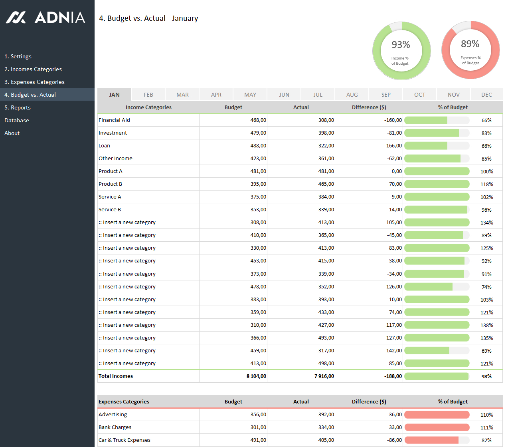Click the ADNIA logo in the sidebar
click(x=45, y=18)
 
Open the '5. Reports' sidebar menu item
click(x=18, y=107)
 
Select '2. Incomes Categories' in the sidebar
click(x=33, y=69)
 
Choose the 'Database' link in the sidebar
click(x=17, y=120)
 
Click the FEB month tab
click(x=148, y=95)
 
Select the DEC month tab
click(x=486, y=95)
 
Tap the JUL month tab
click(x=318, y=95)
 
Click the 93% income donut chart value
click(x=401, y=45)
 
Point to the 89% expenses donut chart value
click(x=470, y=44)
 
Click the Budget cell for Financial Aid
click(x=258, y=120)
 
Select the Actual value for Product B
click(x=326, y=184)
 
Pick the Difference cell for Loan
click(x=393, y=146)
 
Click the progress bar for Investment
click(x=437, y=133)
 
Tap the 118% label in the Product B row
click(x=486, y=184)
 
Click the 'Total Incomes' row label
click(x=116, y=376)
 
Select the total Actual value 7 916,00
click(x=324, y=376)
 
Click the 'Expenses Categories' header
click(x=124, y=402)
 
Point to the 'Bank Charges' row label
click(x=115, y=427)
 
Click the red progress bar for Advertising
click(x=437, y=415)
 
